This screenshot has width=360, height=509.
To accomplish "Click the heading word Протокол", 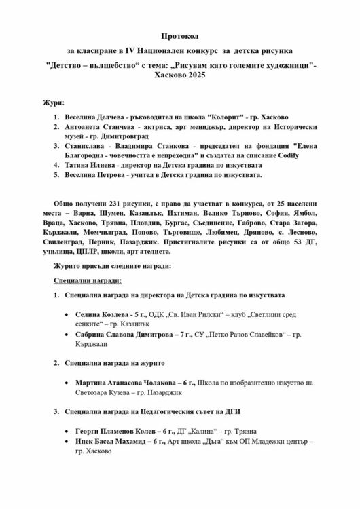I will [x=180, y=35].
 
